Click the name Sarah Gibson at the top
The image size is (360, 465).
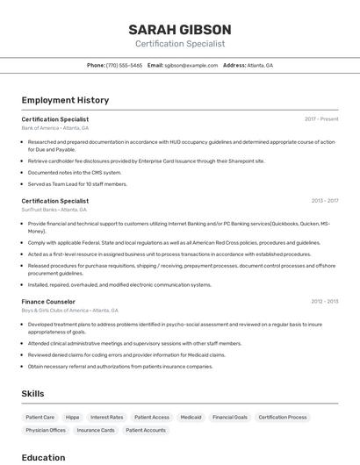pos(180,29)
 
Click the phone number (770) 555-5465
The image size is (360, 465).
pos(124,65)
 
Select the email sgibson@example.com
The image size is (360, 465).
pos(191,65)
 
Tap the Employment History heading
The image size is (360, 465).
pos(65,100)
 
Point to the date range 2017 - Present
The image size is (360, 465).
pos(321,119)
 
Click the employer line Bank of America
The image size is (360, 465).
pos(53,128)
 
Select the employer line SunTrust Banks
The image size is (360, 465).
pos(54,210)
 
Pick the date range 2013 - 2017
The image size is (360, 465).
pos(322,201)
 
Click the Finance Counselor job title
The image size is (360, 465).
pos(48,301)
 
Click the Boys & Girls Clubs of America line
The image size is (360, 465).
pos(69,310)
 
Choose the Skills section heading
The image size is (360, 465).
pos(32,394)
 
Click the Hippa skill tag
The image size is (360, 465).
pos(72,418)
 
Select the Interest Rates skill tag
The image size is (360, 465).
pos(106,418)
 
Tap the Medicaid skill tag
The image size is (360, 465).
pos(191,418)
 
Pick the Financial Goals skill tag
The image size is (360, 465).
pos(230,418)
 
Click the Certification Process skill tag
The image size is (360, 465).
pos(283,418)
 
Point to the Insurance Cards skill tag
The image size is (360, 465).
pos(96,431)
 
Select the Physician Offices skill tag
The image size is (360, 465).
pos(46,431)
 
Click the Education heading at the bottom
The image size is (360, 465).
pos(43,457)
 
